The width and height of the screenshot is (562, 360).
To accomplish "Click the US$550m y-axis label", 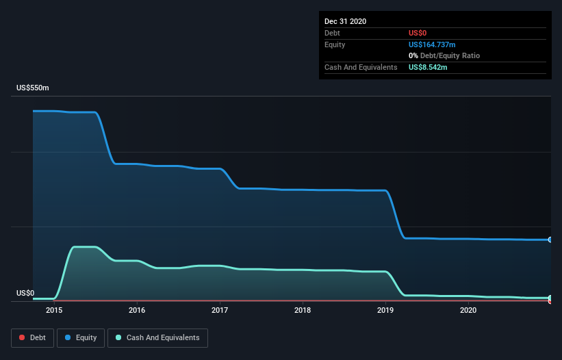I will point(33,88).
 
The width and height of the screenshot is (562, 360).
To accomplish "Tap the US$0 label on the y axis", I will point(25,293).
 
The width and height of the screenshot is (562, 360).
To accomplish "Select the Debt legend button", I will point(31,337).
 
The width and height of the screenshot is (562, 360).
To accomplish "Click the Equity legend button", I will point(81,337).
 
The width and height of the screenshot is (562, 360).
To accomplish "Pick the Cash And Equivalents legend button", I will point(157,337).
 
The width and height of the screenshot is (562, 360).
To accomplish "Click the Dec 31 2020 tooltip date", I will point(345,21).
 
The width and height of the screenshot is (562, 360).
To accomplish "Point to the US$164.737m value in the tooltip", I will point(432,44).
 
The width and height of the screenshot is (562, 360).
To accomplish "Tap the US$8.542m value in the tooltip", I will point(429,67).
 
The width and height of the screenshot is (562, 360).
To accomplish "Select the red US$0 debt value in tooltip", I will point(418,33).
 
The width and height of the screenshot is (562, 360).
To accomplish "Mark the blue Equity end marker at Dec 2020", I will point(550,240).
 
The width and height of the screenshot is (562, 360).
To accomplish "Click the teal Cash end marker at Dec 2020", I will point(550,298).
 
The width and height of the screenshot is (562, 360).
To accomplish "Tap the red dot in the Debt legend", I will point(22,337).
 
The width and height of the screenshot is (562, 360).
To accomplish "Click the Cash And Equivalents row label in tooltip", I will point(361,67).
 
